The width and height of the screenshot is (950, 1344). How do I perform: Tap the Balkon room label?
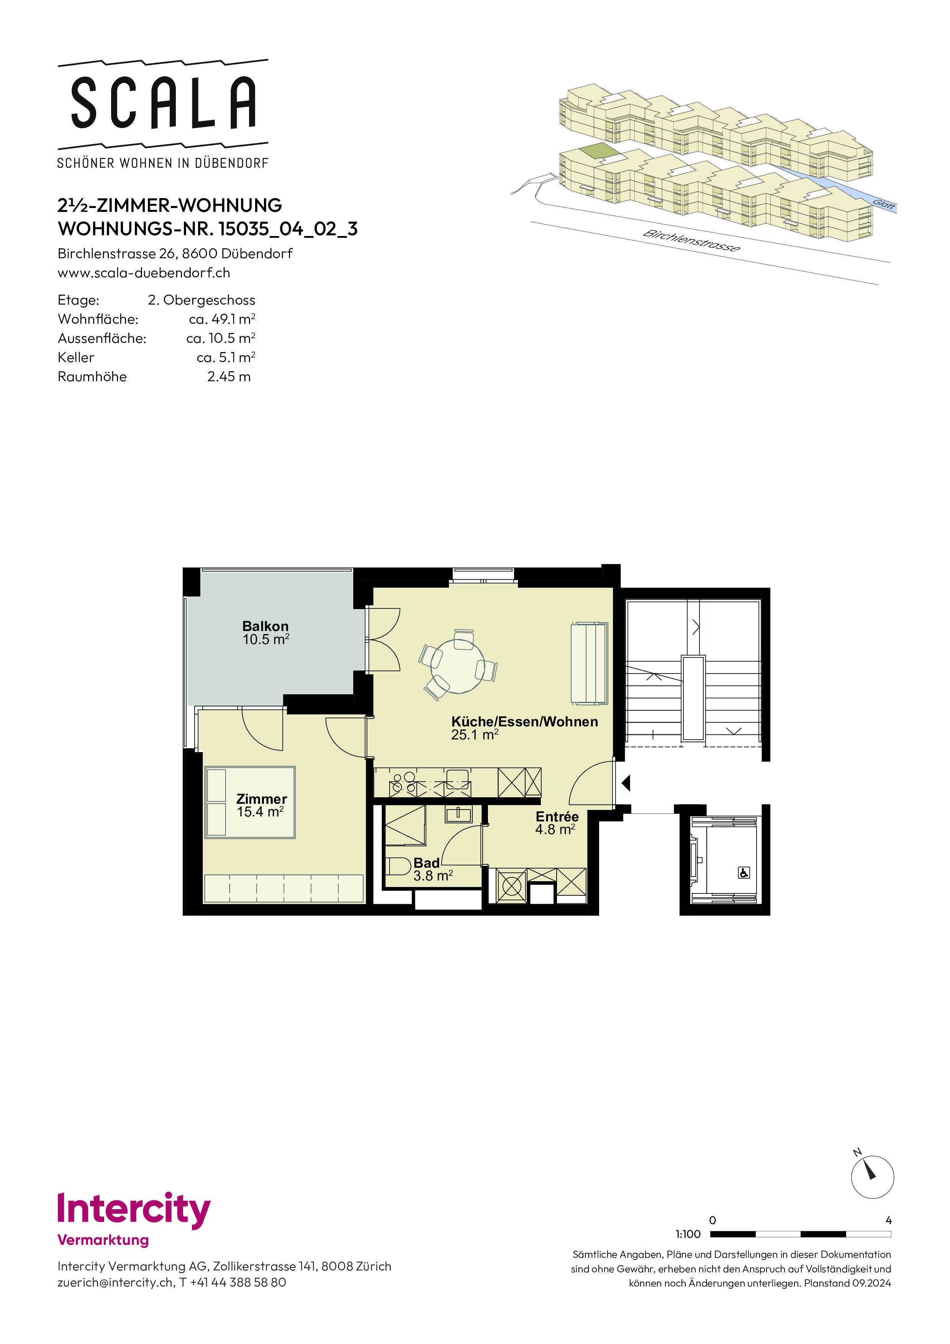[266, 626]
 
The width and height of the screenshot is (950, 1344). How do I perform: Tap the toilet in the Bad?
[398, 866]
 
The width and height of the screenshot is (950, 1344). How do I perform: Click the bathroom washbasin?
[458, 814]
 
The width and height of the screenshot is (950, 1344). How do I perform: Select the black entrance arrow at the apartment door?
[626, 783]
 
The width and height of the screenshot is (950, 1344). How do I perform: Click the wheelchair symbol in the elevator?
[744, 873]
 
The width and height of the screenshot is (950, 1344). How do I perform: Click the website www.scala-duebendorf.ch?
[144, 273]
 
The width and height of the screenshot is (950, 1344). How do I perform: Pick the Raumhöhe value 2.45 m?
[229, 376]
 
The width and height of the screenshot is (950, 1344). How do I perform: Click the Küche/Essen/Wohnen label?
[524, 722]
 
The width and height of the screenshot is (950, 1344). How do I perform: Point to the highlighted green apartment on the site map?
[599, 151]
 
